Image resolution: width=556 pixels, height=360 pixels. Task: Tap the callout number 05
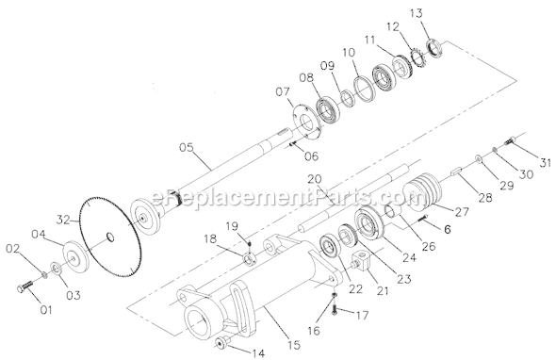coord(187,147)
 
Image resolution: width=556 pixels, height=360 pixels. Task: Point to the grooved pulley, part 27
coord(423,190)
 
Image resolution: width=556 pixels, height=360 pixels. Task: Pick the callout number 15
coord(294,344)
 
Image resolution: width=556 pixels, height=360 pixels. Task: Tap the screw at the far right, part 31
coord(509,140)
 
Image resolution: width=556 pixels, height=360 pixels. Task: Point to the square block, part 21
coord(361,264)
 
